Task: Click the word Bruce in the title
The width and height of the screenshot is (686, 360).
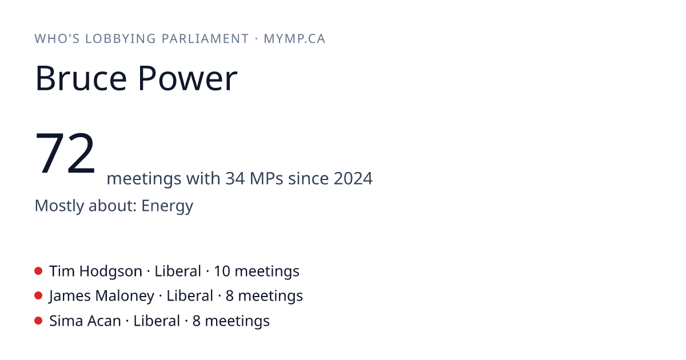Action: click(x=81, y=78)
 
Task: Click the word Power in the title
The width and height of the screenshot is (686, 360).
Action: click(x=188, y=78)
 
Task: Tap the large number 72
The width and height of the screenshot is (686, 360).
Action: click(x=65, y=153)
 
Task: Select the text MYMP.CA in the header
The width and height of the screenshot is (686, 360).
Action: click(x=294, y=39)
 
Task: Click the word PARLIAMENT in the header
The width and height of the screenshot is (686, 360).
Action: click(x=205, y=39)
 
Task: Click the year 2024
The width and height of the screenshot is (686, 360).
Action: click(x=353, y=178)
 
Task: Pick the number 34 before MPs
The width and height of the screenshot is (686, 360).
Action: click(x=235, y=178)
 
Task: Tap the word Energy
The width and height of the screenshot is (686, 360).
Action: click(x=167, y=206)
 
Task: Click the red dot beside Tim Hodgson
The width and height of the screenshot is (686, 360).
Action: click(x=38, y=271)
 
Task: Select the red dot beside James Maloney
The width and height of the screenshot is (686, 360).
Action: click(x=38, y=296)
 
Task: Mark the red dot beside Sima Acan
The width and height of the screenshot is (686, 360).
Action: click(x=38, y=321)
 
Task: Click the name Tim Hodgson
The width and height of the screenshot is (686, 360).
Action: click(x=96, y=271)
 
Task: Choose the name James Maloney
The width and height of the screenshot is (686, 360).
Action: click(x=102, y=297)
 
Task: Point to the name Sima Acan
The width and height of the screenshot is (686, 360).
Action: click(x=85, y=321)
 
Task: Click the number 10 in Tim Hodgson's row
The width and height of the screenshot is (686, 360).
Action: click(x=222, y=271)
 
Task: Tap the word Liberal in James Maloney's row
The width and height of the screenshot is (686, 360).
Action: click(x=190, y=296)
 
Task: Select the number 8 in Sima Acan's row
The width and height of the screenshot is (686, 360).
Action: click(x=197, y=321)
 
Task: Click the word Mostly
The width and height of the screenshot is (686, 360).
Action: click(x=59, y=206)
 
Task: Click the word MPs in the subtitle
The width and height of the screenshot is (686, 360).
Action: click(x=266, y=178)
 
